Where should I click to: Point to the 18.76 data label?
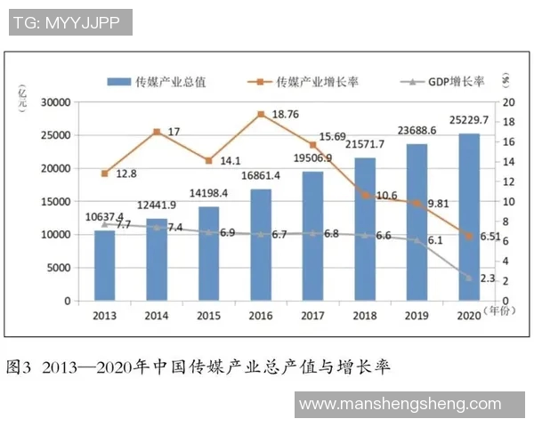284,114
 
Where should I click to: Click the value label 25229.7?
467,121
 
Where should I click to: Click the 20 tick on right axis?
506,102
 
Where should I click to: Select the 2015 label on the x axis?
208,315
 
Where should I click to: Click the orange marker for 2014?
157,132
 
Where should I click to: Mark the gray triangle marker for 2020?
468,278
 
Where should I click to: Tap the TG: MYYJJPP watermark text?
69,21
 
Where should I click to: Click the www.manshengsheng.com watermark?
400,405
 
